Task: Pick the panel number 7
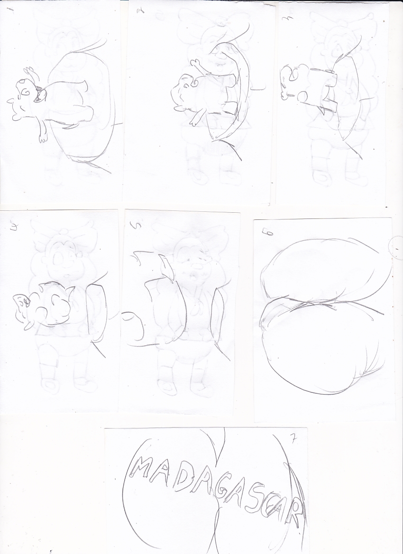tap(293, 439)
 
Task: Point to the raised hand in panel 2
tap(195, 64)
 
